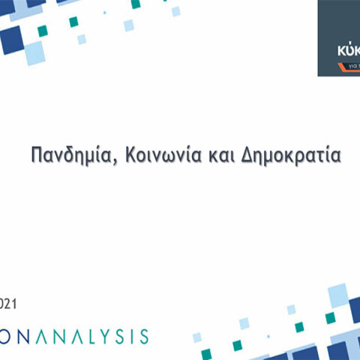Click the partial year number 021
(7, 304)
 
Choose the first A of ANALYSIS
(46, 334)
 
